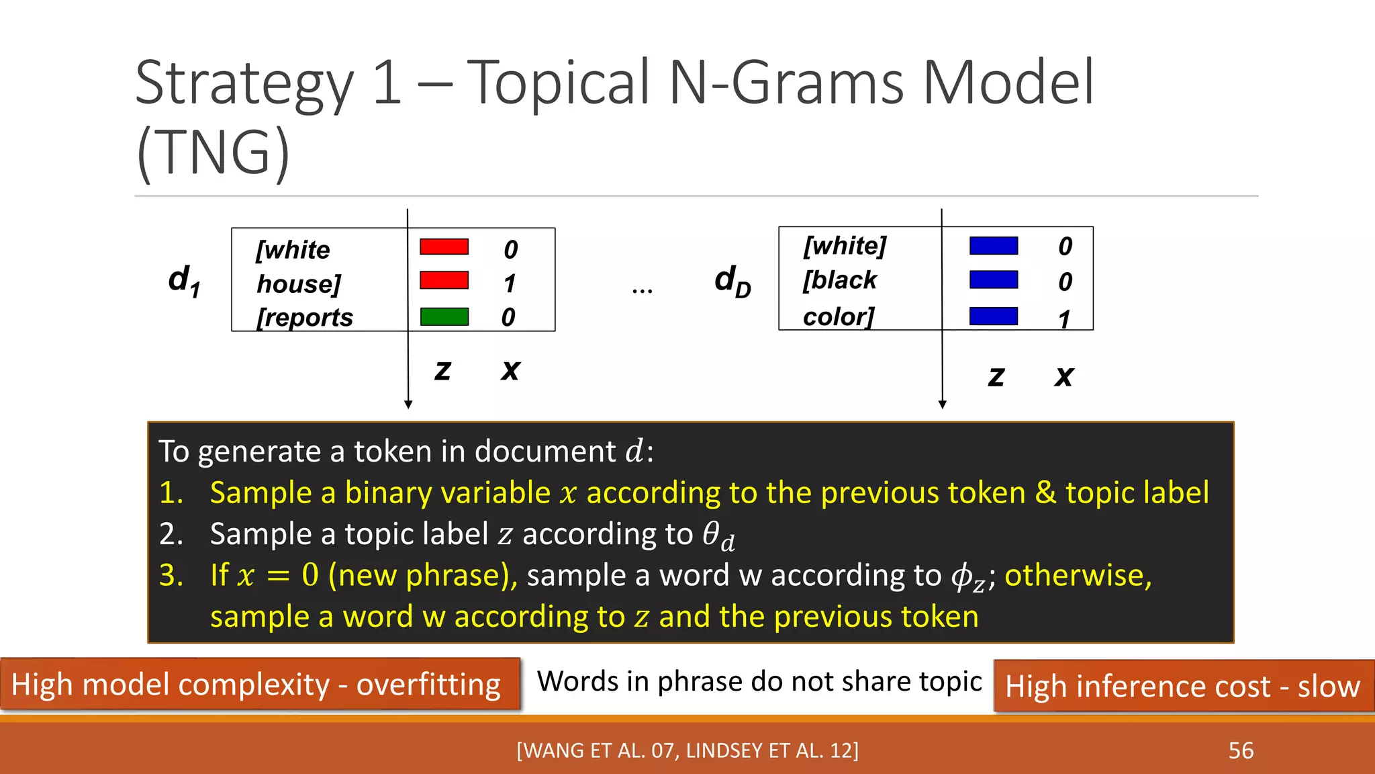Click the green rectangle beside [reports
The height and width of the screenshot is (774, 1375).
(x=444, y=316)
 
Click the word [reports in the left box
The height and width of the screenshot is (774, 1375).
(x=305, y=317)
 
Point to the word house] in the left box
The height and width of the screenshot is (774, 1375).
(x=299, y=284)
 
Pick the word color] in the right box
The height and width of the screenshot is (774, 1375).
(x=839, y=316)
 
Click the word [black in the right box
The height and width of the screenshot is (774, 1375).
(x=840, y=279)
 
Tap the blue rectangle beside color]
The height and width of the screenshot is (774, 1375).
(x=993, y=316)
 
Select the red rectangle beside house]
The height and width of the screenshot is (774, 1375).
(x=444, y=280)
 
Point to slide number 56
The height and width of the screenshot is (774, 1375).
(x=1241, y=750)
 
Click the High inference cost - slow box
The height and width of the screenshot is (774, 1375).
(x=1183, y=687)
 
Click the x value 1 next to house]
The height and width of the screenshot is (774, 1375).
(x=510, y=284)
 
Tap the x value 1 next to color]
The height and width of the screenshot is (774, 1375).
(x=1064, y=319)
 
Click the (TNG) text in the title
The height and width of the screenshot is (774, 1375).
(x=214, y=153)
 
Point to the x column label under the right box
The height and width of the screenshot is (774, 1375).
(x=1063, y=376)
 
